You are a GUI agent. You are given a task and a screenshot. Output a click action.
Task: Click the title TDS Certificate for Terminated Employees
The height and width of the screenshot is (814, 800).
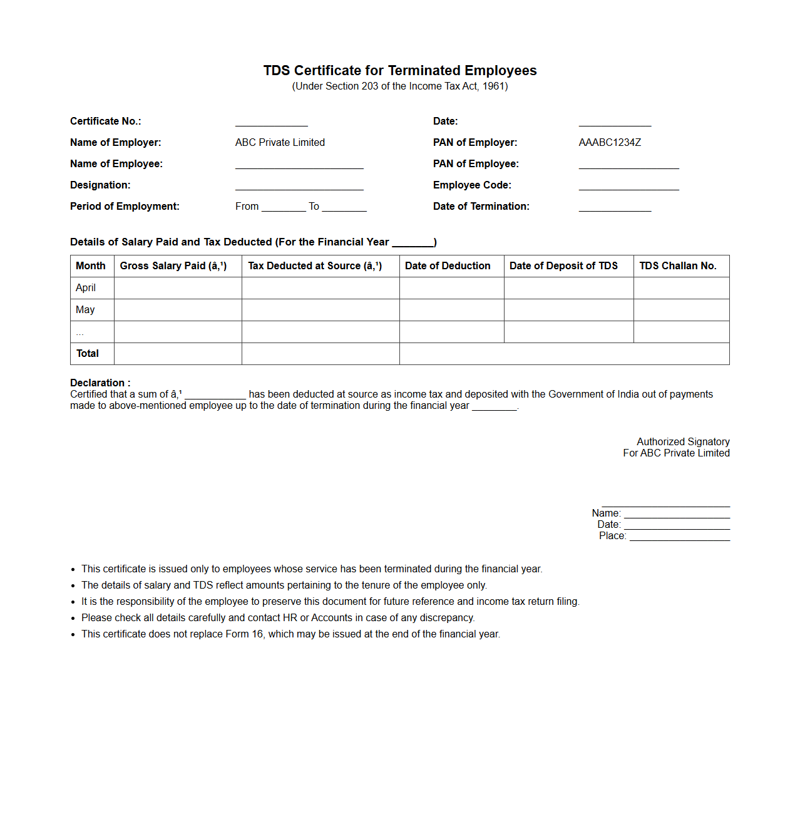(400, 71)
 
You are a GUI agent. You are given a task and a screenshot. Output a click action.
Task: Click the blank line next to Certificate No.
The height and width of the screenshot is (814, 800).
(271, 122)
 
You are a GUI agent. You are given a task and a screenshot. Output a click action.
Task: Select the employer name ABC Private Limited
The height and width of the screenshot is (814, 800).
(280, 143)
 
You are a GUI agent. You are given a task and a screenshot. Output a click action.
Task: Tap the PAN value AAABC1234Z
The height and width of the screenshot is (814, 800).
(610, 143)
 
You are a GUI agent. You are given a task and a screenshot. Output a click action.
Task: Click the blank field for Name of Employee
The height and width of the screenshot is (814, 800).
(299, 165)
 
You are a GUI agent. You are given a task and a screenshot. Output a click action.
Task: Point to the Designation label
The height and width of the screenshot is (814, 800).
(100, 185)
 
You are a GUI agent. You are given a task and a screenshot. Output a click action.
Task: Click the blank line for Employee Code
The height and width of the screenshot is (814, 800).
(628, 186)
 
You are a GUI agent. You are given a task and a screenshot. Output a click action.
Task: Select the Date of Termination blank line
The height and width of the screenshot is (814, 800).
(615, 207)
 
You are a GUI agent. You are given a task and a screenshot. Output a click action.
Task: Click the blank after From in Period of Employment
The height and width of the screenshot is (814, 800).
(284, 207)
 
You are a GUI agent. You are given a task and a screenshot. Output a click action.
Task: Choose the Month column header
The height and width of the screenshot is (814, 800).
(91, 266)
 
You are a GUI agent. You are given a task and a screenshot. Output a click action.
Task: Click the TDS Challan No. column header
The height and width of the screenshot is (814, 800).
(677, 266)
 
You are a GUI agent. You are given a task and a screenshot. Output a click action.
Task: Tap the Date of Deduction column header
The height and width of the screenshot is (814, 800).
(448, 266)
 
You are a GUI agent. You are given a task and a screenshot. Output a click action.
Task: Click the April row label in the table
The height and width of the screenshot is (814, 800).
(86, 288)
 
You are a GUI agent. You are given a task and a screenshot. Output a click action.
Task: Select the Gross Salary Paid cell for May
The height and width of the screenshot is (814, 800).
(178, 310)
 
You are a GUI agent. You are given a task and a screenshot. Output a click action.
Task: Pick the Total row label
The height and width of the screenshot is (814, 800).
(88, 354)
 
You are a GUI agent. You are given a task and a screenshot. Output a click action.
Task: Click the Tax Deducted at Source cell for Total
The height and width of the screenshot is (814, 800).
(321, 354)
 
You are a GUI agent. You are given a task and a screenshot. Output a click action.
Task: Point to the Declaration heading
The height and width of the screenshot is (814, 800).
(100, 383)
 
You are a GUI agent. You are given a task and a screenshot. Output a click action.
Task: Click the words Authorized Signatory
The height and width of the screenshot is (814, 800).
(683, 442)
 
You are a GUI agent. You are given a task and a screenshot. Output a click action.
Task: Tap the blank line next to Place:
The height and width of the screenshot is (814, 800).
(679, 537)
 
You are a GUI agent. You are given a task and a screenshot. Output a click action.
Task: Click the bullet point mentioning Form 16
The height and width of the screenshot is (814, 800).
(290, 634)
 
